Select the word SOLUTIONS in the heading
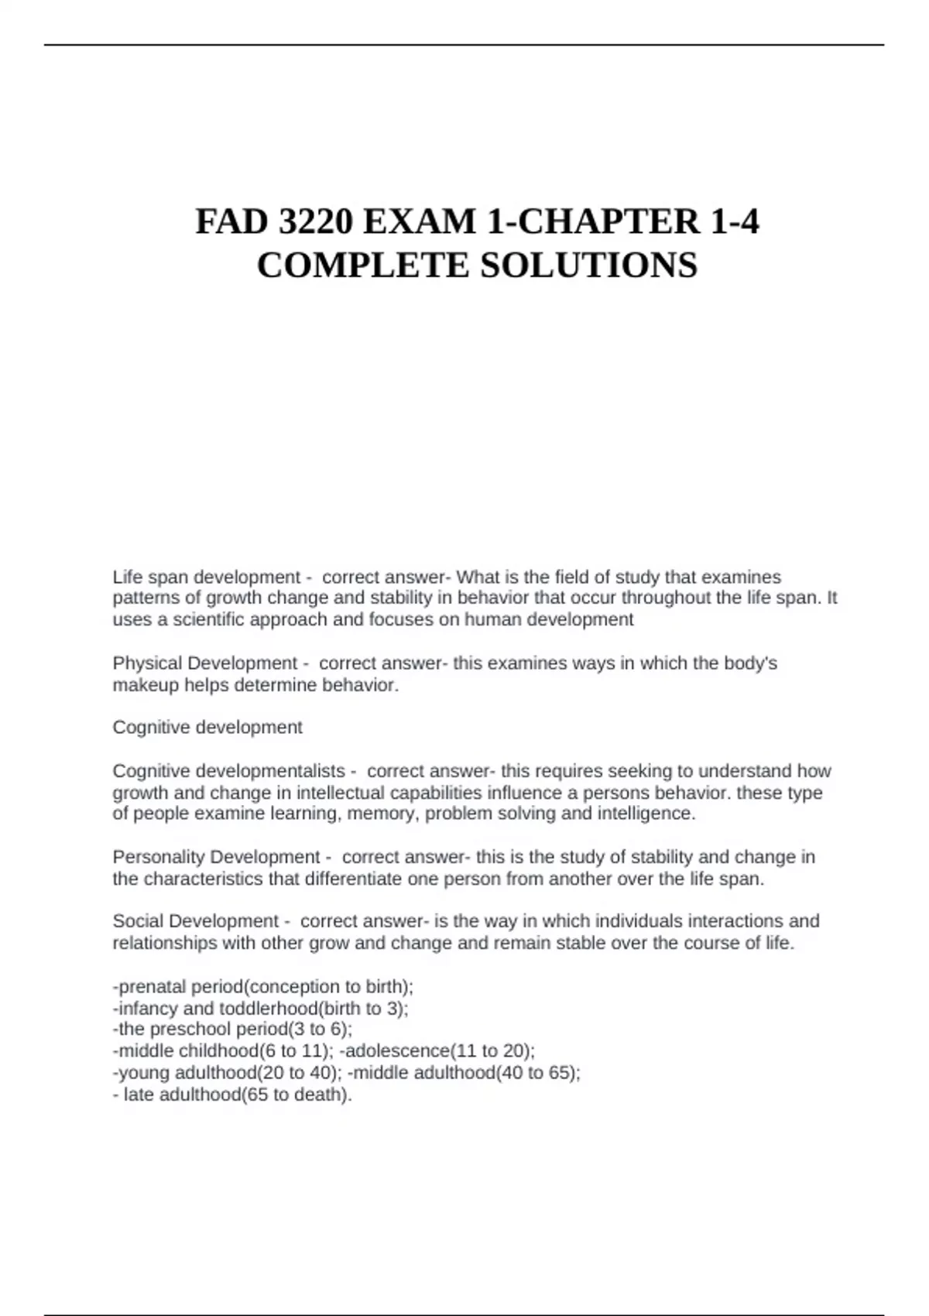[589, 266]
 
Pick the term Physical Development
[204, 663]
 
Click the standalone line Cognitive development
[207, 728]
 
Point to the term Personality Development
[216, 857]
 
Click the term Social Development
[195, 921]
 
